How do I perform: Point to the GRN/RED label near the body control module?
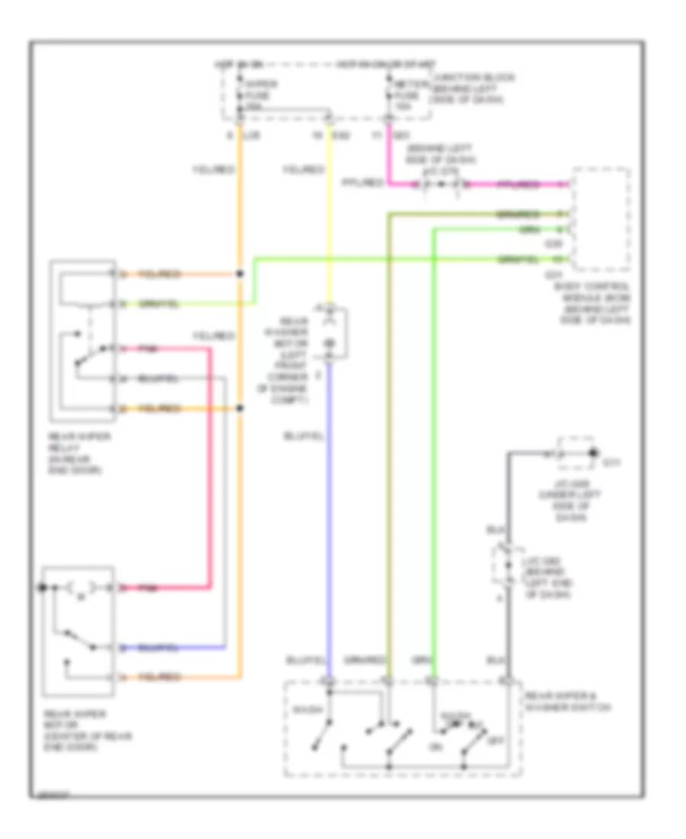518,214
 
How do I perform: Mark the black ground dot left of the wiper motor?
43,588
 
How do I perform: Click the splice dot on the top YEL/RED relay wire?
241,273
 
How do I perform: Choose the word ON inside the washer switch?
437,747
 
